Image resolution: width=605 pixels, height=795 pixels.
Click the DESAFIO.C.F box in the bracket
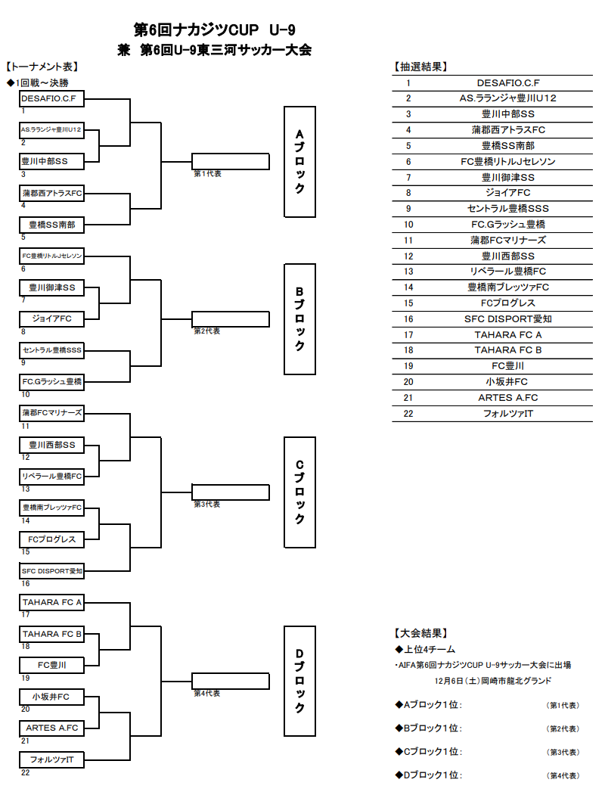[51, 98]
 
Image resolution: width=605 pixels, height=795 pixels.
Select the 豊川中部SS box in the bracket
[51, 161]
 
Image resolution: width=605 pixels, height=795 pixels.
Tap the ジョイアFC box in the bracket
[51, 319]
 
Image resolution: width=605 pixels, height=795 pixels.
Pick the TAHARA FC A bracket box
[51, 603]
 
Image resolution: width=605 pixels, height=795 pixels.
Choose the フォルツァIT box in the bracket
[51, 759]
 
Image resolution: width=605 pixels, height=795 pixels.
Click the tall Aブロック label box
[299, 161]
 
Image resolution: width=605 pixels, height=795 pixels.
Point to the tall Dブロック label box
[299, 681]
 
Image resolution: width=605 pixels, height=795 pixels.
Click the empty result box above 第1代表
[231, 161]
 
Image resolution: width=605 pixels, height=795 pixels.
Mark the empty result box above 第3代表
[231, 492]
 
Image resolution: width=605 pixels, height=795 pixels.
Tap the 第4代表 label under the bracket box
[206, 693]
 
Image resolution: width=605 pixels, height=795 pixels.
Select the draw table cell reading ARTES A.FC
[508, 398]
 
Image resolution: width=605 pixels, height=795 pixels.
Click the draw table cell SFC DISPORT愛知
[508, 319]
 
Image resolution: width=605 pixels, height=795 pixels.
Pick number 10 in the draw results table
[408, 225]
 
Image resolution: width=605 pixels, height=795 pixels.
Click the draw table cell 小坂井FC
[508, 382]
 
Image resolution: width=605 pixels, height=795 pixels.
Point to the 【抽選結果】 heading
[420, 67]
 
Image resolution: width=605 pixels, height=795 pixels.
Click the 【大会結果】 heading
[420, 633]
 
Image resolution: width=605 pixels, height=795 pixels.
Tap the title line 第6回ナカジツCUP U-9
[215, 30]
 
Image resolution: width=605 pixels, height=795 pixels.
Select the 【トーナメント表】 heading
[42, 67]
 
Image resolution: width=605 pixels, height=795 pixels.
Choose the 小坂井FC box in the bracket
[51, 697]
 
